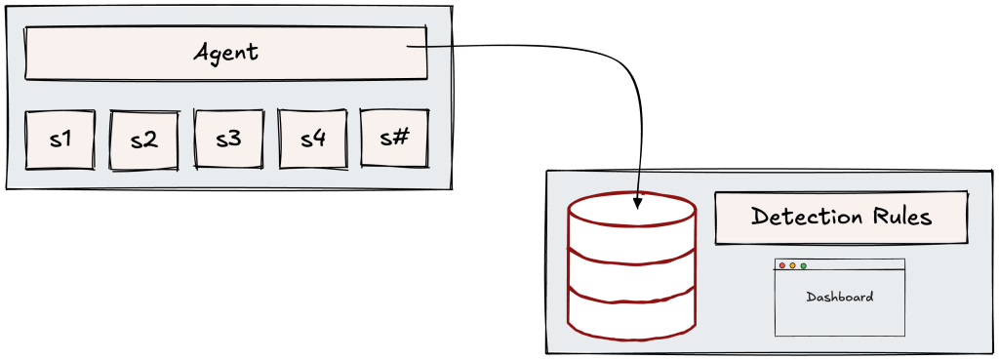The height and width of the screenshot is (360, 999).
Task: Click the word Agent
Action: tap(226, 53)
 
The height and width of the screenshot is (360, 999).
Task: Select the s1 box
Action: tap(60, 140)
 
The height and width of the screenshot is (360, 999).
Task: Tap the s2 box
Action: tap(144, 140)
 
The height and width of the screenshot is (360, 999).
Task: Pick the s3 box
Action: tap(228, 140)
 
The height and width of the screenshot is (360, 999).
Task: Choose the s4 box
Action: tap(312, 139)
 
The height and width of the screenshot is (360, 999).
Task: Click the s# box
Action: tap(394, 139)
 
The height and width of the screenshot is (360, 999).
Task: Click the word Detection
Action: tap(802, 217)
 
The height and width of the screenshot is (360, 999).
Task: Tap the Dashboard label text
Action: tap(840, 297)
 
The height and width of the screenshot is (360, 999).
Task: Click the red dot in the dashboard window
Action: tap(782, 265)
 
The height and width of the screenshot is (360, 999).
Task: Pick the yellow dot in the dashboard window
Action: tap(792, 265)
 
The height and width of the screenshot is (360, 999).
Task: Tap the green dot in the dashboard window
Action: tap(804, 265)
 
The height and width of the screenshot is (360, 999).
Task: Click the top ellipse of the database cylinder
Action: tap(631, 209)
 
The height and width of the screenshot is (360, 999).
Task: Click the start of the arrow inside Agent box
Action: tap(407, 47)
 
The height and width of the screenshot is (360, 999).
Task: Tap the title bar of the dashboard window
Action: tap(840, 264)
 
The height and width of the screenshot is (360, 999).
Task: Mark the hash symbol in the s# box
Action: tap(401, 138)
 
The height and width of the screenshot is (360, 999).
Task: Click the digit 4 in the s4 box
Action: tap(319, 139)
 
